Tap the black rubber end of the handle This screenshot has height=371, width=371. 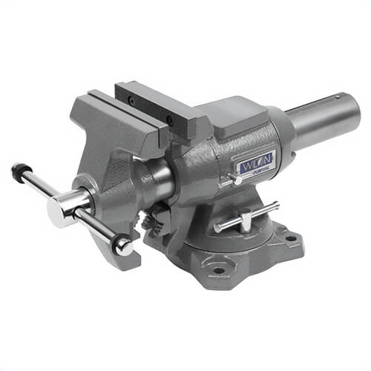17,169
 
